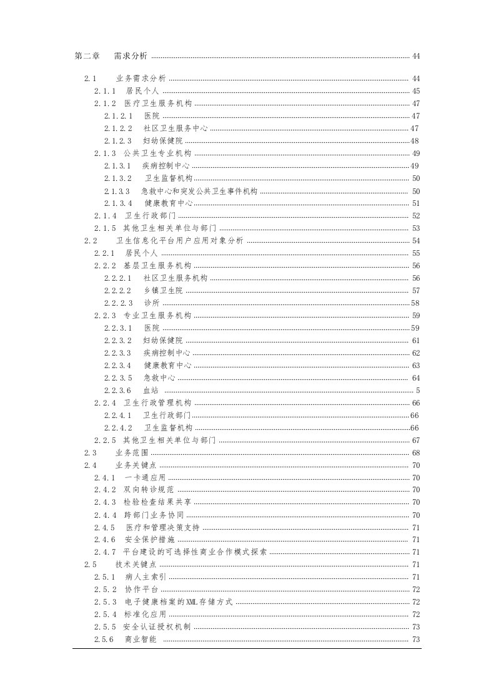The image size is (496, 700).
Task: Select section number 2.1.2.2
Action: pos(118,129)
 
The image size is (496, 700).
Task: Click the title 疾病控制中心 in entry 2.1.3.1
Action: pos(166,166)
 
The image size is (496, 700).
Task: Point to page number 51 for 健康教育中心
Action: pos(416,203)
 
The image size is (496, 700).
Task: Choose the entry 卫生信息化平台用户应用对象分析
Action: pos(180,241)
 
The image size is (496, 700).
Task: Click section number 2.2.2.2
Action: pos(118,291)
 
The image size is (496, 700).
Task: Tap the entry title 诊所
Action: pos(151,303)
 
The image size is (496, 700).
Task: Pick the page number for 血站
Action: pos(418,391)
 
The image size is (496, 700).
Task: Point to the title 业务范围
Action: pos(132,453)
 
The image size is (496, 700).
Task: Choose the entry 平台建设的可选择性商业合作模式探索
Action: pos(195,552)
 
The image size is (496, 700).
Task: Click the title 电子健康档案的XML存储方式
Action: pos(179,602)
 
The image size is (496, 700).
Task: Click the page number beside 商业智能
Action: pos(416,639)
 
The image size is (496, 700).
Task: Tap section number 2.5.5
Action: pos(106,627)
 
